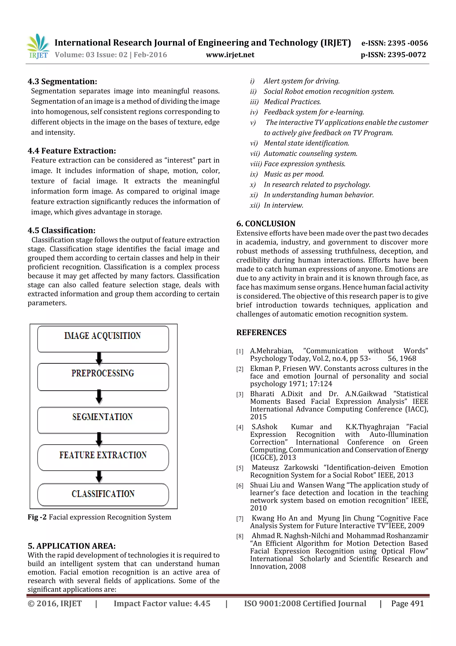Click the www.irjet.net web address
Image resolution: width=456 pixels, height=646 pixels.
coord(230,55)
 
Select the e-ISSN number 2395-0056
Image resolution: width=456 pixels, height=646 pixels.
coord(395,43)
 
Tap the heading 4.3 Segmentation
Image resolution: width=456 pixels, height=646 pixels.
coord(62,82)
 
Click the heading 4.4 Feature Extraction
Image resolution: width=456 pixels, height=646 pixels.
coord(72,151)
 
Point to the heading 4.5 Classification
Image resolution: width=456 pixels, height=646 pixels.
coord(61,230)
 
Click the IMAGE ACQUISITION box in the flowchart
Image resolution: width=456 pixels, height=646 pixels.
coord(103,339)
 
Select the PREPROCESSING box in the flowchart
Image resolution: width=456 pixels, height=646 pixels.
coord(103,376)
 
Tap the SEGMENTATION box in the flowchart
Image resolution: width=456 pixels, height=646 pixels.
coord(103,420)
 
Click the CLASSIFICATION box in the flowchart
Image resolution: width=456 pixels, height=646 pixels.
coord(103,494)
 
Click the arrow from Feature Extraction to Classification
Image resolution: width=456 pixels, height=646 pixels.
coord(99,476)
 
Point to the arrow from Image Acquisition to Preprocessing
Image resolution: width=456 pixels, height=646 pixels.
coord(99,358)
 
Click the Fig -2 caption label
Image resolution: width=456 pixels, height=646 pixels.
coord(37,517)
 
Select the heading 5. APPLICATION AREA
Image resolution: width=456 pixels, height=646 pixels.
coord(71,546)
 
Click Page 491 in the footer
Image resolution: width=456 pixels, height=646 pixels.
coord(407,603)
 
